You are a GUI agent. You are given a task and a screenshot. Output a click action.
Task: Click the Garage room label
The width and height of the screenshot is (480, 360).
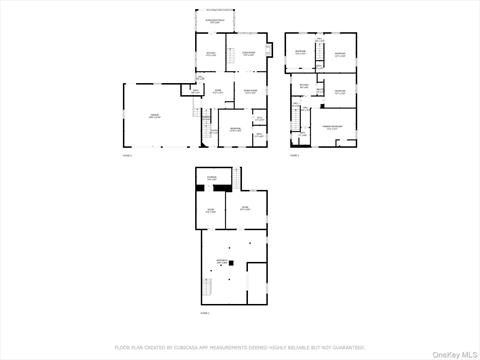coord(155,117)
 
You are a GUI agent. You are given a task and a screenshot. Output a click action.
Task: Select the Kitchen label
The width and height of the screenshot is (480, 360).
coord(211,54)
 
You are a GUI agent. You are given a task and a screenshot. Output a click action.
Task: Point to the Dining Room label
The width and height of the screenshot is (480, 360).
coord(250,54)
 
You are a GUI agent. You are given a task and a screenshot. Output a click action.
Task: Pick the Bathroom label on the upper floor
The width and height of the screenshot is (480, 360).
coord(304,85)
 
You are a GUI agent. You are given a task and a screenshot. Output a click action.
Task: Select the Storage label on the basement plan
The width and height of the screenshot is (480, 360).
coord(212,178)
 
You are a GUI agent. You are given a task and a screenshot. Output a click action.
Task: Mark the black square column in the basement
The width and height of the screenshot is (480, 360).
coord(231,263)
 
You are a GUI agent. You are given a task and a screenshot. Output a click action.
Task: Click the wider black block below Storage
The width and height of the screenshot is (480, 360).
coord(222,188)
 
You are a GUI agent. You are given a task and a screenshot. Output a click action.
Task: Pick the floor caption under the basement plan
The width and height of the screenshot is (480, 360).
coord(204,313)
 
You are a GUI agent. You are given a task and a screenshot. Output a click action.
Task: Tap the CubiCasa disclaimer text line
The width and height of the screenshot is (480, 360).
coord(240,348)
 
